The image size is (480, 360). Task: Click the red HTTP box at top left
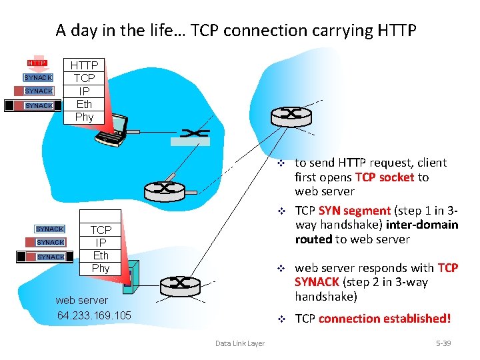(x=37, y=63)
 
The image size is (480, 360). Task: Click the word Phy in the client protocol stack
(x=85, y=117)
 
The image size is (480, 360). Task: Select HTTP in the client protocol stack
(x=85, y=65)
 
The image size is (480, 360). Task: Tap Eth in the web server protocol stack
(x=101, y=255)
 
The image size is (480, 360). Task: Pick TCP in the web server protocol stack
(x=101, y=230)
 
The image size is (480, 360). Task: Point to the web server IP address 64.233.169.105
(x=94, y=315)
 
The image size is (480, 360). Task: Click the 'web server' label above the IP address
(x=82, y=300)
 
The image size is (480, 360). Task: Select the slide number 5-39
(x=443, y=343)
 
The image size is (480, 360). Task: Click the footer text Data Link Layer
(x=239, y=343)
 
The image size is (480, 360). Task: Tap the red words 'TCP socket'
(x=386, y=177)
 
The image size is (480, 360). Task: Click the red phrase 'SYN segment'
(x=353, y=211)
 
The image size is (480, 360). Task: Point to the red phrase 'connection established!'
(x=385, y=319)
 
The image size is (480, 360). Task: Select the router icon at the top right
(x=291, y=115)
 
